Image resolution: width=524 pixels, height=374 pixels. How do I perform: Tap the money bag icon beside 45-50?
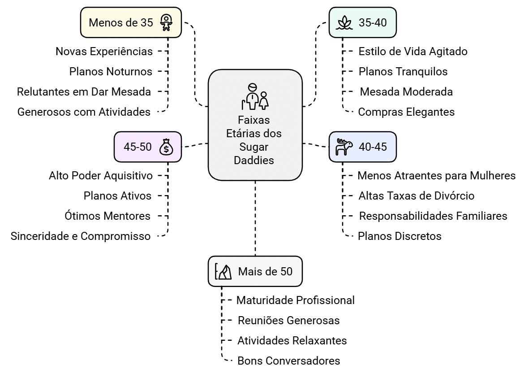coord(166,147)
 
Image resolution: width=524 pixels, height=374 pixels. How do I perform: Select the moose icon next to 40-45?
coord(344,147)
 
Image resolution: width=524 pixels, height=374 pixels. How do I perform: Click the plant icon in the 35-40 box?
coord(344,22)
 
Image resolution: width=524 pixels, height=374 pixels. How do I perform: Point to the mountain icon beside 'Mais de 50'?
coord(223,272)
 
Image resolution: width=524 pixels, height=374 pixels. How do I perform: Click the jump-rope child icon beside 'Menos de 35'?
coord(166,22)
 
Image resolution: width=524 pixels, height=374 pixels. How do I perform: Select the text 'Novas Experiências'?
coord(104,52)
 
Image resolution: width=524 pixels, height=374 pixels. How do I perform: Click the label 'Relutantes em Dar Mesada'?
coord(84,92)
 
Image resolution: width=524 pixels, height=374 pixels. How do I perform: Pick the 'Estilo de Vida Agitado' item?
coord(413,52)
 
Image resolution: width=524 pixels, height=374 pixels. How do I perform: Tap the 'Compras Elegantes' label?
coord(406,112)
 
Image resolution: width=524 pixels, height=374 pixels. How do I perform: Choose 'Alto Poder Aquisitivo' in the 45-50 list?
coord(101,176)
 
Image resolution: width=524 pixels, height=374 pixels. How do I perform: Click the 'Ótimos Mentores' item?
coord(107,216)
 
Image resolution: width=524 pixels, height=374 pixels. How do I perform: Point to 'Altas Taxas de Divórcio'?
coord(417,196)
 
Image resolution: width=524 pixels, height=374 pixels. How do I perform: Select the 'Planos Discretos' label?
coord(399,236)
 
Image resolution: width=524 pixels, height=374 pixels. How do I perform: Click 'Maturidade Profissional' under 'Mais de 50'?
coord(296,300)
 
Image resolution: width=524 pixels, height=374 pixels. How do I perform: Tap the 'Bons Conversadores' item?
coord(288,361)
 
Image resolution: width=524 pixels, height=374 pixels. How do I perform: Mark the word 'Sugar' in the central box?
coord(254,147)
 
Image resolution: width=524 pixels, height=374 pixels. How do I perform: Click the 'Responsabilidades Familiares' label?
coord(433,216)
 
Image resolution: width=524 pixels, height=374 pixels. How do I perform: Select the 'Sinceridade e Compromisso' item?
coord(81,236)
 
